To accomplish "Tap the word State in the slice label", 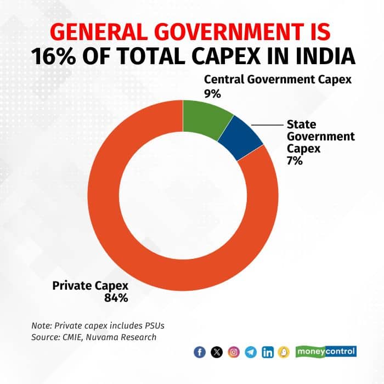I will pos(301,124).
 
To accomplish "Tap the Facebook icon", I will pos(200,352).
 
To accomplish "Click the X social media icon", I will pos(217,352).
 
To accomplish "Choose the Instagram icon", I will pos(234,352).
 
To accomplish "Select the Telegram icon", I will pos(251,352).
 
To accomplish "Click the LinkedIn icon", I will pos(268,352).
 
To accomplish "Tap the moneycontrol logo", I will pos(326,351).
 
